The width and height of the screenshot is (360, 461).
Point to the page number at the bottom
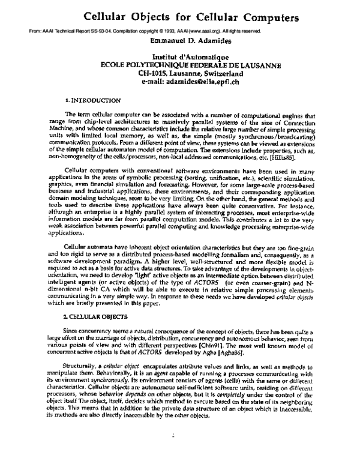174,435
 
